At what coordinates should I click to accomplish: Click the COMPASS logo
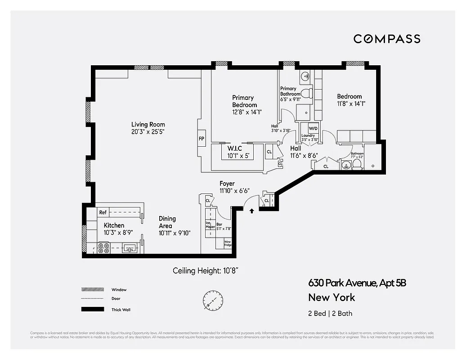pos(386,39)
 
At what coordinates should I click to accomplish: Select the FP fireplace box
pos(202,139)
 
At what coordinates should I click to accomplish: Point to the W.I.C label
pos(235,148)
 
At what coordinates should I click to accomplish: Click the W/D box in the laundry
pos(313,128)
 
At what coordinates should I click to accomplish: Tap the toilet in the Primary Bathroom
pos(307,94)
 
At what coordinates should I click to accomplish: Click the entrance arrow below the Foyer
pos(251,210)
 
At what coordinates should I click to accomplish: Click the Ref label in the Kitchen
pos(103,212)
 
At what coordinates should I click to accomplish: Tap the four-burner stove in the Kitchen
pos(104,248)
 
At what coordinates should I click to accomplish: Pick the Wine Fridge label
pos(228,243)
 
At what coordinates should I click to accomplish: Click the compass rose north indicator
pos(209,299)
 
